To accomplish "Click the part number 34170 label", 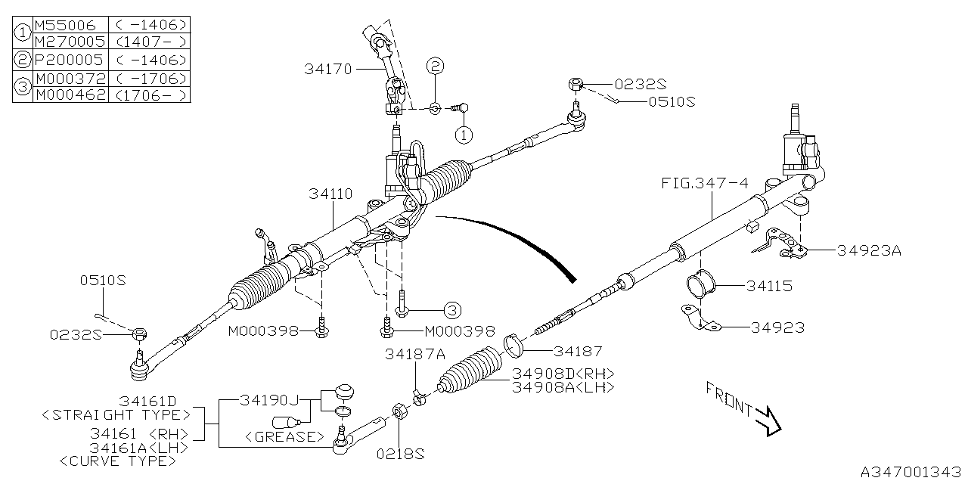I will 328,69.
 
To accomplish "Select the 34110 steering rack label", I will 330,194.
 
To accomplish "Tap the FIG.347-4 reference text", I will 706,183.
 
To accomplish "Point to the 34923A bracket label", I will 869,251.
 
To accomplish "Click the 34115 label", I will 769,287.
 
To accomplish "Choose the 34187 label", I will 577,351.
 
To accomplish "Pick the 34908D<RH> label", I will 563,374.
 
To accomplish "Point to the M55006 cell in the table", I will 65,25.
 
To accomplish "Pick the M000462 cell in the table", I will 70,95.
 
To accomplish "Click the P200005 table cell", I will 69,60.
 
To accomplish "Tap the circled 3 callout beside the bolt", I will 451,310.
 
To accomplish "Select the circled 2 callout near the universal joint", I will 434,67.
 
